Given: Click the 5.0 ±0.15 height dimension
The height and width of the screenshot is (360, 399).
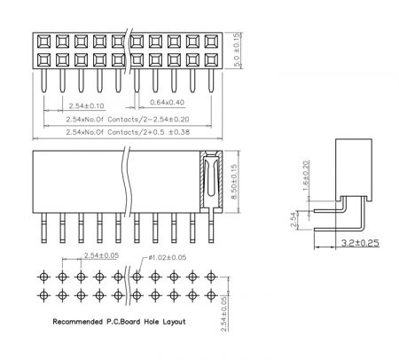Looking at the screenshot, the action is click(237, 51).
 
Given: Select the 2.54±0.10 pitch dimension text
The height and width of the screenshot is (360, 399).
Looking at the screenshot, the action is click(86, 106).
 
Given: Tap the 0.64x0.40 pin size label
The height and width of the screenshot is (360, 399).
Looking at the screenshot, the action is click(167, 102).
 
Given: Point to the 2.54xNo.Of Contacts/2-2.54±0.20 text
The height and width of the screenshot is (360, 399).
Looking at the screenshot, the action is click(128, 120).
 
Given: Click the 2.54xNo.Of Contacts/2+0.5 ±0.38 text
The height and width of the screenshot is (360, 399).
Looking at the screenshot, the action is click(128, 132).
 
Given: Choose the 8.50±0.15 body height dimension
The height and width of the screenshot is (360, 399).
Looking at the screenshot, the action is click(234, 182).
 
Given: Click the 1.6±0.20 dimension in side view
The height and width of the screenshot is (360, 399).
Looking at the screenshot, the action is click(307, 176).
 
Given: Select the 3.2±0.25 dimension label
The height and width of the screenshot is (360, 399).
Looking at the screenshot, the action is click(360, 243).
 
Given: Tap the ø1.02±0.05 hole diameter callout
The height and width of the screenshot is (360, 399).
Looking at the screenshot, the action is click(168, 257).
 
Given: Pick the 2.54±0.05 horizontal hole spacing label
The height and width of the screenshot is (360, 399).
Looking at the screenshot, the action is click(101, 255).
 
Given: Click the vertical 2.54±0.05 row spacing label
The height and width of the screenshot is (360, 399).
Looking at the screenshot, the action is click(224, 314).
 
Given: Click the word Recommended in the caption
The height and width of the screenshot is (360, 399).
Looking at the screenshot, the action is click(78, 322).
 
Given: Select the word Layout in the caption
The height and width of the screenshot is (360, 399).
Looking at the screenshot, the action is click(174, 322).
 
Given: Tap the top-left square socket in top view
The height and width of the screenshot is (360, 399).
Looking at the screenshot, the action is click(43, 42).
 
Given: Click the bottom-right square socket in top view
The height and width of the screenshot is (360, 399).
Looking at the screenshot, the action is click(211, 60).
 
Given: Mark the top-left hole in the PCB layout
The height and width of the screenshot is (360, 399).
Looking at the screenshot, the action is click(43, 277).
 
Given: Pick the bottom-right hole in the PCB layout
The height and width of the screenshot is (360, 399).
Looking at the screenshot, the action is click(211, 295).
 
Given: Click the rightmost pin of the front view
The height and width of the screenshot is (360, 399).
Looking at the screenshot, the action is click(211, 228).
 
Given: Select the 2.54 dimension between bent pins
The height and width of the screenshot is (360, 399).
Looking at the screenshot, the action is click(293, 220).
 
